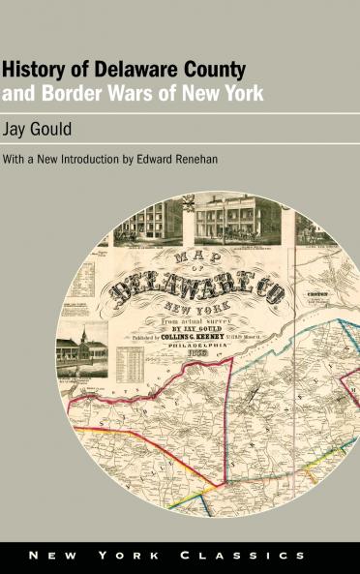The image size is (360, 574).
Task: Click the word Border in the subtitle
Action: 60,96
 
